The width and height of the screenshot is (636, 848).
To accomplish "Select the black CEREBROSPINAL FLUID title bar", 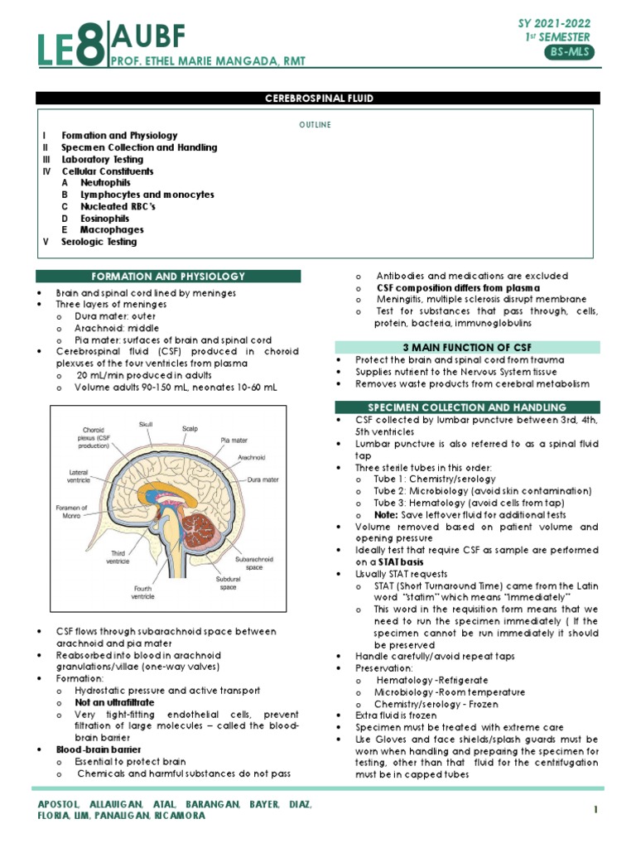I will point(318,99).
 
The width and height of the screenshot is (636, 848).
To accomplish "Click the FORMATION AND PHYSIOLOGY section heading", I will point(168,277).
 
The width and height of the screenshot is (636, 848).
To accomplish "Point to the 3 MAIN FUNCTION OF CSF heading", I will point(467,347).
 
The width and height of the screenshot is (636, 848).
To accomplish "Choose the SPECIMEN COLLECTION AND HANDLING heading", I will point(467,407).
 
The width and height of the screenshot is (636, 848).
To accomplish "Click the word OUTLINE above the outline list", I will point(315,125).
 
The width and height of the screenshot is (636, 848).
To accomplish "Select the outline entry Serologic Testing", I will point(99,242).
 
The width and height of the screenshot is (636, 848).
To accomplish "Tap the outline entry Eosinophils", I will point(105,218).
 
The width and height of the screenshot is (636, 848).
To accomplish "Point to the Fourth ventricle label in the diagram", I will point(142,592).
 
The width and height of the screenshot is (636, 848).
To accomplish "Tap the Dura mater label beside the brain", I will point(263,479).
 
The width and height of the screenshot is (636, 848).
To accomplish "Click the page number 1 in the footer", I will point(595,807).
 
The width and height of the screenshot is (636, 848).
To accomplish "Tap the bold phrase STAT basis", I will point(403,562).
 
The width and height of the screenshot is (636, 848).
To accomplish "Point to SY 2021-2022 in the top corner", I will point(554,23).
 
